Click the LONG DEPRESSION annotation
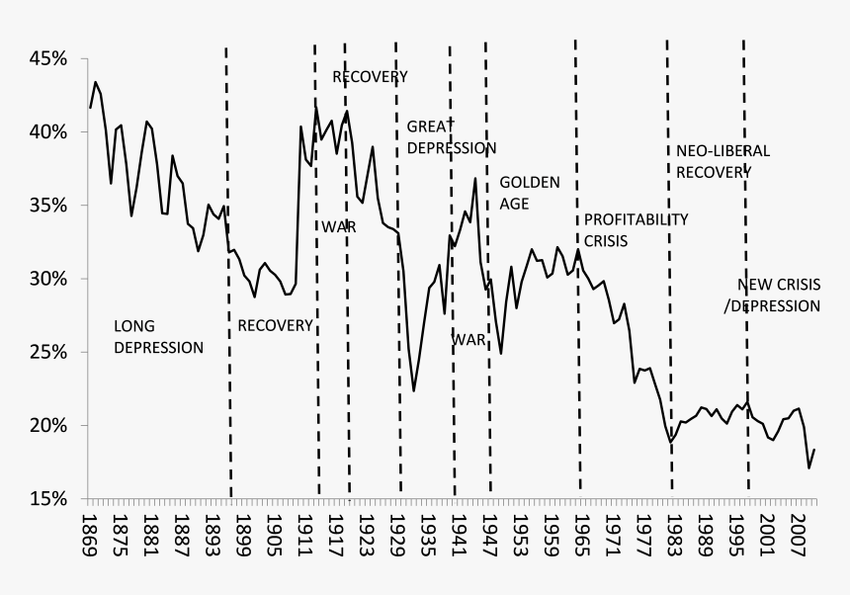click(158, 336)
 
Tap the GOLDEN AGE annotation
click(530, 193)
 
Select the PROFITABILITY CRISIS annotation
click(636, 229)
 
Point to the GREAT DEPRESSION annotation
click(451, 136)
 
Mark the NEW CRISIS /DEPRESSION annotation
click(772, 297)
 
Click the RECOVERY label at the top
click(370, 76)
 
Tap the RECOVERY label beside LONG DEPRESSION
click(275, 325)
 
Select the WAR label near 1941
click(469, 339)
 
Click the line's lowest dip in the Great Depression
click(414, 391)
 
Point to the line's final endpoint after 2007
click(814, 450)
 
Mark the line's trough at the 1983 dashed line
click(670, 441)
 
